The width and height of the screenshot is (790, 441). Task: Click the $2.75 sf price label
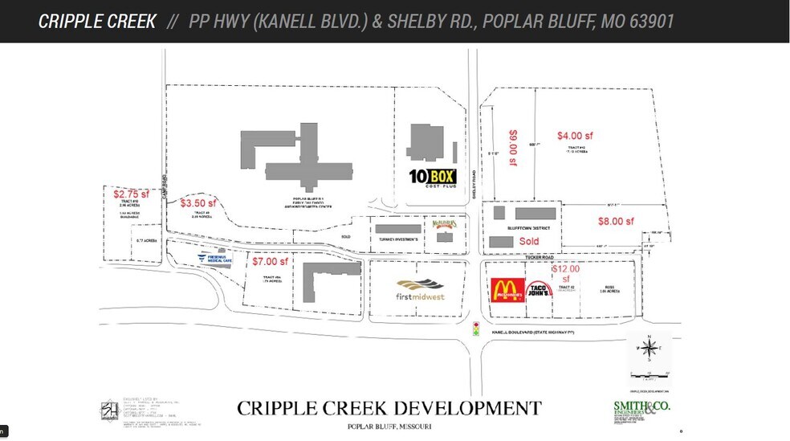tap(130, 194)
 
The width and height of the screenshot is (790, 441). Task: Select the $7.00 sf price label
tap(269, 261)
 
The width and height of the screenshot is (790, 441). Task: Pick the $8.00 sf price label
tap(616, 221)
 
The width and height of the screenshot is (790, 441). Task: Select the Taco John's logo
tap(540, 290)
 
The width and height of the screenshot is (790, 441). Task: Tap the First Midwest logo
tap(421, 289)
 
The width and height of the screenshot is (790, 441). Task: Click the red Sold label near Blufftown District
tap(529, 241)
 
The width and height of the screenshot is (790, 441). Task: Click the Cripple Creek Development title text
tap(389, 408)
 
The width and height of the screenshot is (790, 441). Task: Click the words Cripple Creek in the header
tap(97, 21)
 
